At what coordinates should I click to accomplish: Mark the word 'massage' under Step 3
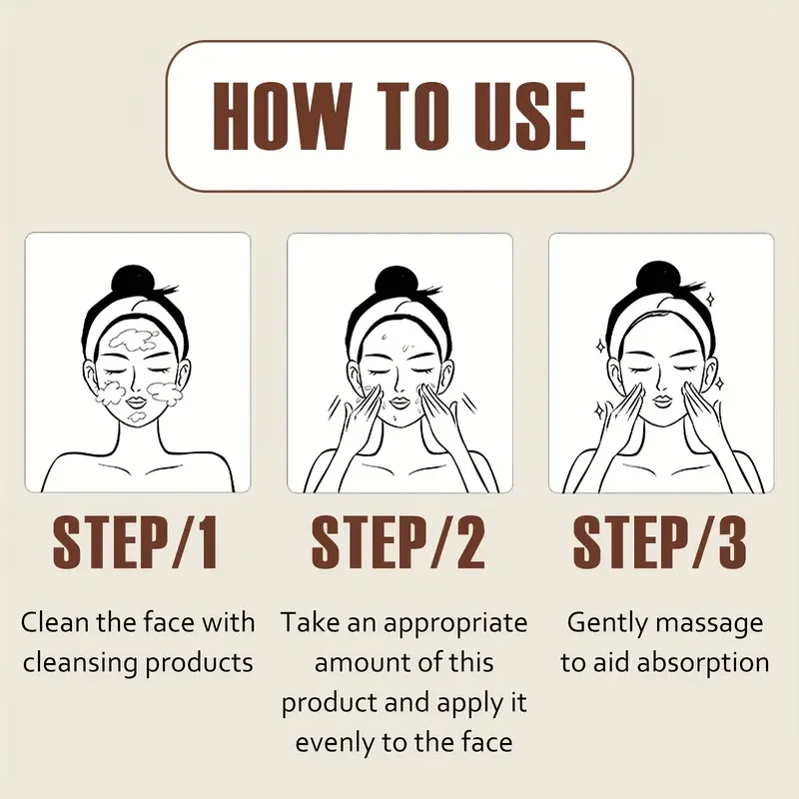(x=712, y=623)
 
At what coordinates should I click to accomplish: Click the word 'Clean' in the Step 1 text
(x=54, y=623)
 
